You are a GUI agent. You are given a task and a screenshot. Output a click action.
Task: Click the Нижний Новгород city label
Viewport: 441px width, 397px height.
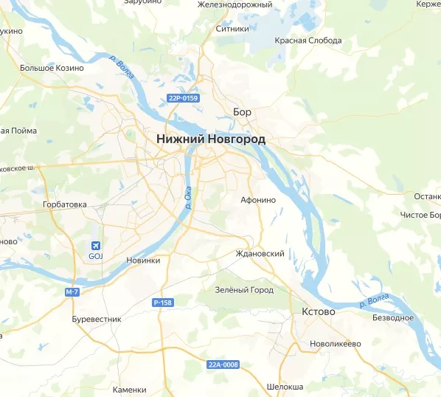[x=211, y=139]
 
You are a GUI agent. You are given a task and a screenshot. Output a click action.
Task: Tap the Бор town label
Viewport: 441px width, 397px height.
[x=242, y=112]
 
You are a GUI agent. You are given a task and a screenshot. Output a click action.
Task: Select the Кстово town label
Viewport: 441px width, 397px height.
[x=318, y=312]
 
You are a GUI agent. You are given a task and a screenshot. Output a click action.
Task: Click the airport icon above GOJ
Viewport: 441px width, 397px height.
[x=95, y=246]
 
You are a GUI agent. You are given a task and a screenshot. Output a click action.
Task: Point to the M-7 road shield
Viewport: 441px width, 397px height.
[x=72, y=292]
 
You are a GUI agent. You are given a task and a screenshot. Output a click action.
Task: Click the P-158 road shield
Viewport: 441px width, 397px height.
[x=162, y=303]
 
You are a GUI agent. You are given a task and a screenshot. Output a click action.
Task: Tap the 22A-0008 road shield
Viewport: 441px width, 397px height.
[x=223, y=365]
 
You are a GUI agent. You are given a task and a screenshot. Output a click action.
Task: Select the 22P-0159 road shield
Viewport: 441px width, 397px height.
[x=184, y=97]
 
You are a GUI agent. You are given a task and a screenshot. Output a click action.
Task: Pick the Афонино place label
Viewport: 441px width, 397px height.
[x=258, y=199]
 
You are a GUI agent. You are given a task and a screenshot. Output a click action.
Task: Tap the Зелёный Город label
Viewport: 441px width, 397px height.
[x=243, y=290]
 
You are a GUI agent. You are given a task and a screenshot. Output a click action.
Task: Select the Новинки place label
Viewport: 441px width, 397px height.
[x=143, y=260]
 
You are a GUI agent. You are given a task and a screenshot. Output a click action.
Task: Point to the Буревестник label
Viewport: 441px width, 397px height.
[x=96, y=319]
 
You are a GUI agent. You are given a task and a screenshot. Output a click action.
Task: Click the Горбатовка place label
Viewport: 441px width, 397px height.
[x=64, y=204]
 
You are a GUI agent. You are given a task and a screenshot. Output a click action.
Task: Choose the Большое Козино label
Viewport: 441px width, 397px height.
[x=52, y=68]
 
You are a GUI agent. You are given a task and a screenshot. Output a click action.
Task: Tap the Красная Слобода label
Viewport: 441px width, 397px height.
[x=308, y=41]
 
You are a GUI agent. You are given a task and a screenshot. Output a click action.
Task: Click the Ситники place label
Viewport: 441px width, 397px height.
[x=232, y=30]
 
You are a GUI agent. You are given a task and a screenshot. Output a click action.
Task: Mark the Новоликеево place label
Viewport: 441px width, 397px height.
[x=335, y=344]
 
